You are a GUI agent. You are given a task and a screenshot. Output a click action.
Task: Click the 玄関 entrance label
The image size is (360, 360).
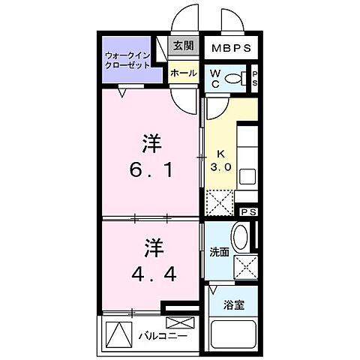(184, 46)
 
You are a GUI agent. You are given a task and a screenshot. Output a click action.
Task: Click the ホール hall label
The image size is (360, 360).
(184, 73)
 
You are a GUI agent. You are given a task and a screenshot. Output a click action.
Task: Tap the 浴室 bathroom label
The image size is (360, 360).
(232, 304)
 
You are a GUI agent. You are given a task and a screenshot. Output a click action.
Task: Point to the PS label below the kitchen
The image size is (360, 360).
(249, 212)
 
